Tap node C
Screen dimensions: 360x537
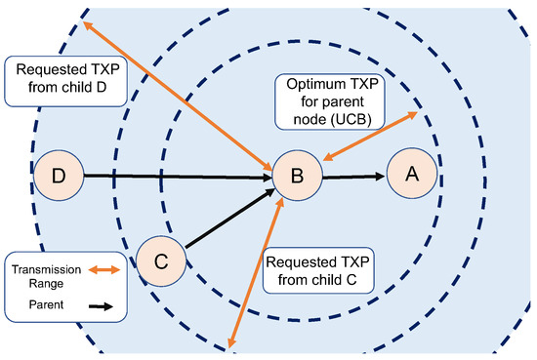click(x=161, y=261)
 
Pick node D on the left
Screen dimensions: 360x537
click(x=58, y=176)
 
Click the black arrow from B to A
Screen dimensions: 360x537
click(x=351, y=177)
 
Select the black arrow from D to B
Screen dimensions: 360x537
click(x=176, y=177)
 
